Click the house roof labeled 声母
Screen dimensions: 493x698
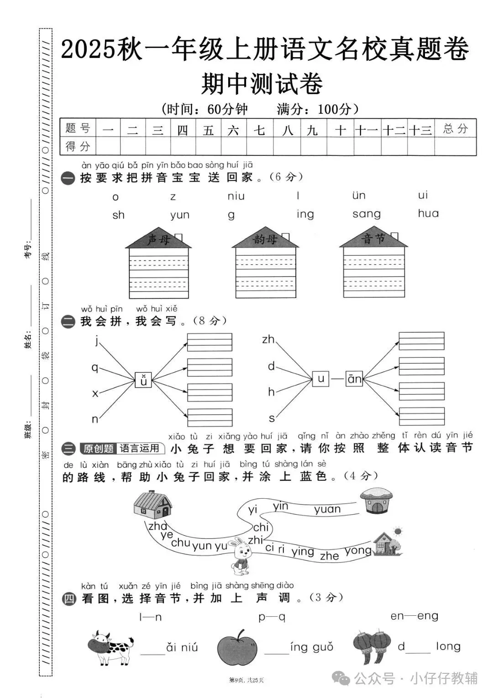[158, 238]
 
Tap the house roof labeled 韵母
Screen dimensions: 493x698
[265, 238]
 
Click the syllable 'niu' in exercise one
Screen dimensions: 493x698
[236, 196]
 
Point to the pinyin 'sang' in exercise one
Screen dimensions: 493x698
[366, 214]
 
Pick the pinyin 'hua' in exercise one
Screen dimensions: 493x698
[428, 213]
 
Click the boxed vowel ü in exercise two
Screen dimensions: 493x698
[143, 379]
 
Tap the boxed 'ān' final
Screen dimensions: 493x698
[354, 378]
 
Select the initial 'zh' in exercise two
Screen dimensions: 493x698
[268, 339]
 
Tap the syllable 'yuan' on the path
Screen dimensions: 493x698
[327, 509]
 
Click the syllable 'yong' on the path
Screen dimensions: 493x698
[358, 551]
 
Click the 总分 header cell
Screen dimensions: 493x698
[456, 128]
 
